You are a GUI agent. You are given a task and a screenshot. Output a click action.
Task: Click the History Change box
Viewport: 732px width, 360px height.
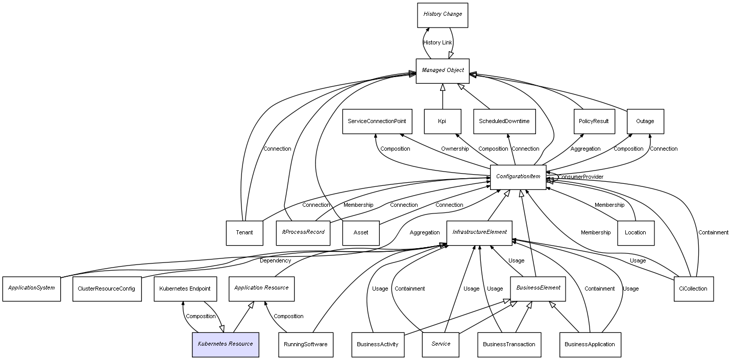[x=443, y=15]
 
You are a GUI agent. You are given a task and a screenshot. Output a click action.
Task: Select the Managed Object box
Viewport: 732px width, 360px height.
[x=443, y=70]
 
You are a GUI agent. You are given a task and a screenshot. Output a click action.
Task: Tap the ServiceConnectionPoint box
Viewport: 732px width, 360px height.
[x=377, y=122]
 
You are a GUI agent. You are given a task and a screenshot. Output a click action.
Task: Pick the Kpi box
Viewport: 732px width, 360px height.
[x=442, y=122]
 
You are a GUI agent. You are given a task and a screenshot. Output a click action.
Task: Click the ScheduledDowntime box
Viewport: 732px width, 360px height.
[x=504, y=122]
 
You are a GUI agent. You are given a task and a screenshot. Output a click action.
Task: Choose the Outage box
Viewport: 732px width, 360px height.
[x=645, y=122]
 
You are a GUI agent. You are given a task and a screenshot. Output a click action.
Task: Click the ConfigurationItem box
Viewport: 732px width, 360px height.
[x=518, y=177]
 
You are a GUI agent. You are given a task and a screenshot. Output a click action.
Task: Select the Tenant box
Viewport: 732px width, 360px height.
[x=245, y=233]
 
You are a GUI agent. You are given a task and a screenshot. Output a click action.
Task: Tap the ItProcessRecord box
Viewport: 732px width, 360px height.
[x=303, y=233]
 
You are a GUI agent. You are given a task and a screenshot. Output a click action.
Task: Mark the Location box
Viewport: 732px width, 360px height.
[x=636, y=233]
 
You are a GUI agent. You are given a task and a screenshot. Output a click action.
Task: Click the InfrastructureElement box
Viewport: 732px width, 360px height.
[x=479, y=233]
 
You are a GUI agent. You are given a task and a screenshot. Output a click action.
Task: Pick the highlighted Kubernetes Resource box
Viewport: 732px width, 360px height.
[x=225, y=345]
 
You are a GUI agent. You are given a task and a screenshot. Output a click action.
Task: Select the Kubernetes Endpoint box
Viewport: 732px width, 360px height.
[x=185, y=289]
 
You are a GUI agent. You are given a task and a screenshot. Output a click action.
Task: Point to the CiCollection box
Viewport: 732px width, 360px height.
[x=693, y=289]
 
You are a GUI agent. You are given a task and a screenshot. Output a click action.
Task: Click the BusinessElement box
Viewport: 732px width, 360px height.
[x=538, y=289]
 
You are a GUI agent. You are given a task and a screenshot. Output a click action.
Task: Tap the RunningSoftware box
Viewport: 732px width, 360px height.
[x=306, y=345]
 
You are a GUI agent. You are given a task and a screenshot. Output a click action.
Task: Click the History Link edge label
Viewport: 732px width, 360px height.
[x=437, y=42]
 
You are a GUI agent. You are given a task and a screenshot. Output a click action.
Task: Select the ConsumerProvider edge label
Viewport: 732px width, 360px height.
[x=580, y=177]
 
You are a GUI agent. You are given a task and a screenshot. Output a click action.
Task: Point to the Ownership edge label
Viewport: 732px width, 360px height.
[x=455, y=149]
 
